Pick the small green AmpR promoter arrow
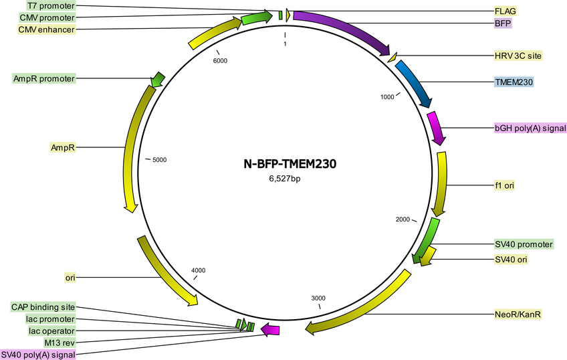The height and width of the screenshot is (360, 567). point(157,79)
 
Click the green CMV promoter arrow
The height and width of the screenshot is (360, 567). point(257,17)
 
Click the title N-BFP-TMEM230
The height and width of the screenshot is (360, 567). point(290,164)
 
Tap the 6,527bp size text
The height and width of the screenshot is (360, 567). point(285,179)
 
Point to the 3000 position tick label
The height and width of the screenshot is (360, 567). point(318,298)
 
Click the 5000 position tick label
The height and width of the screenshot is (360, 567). point(159,160)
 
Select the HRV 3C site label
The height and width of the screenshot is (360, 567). point(518,56)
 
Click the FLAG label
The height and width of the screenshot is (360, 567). point(505,11)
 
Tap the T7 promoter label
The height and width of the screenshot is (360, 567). point(51,6)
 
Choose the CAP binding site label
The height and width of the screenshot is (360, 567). point(43,307)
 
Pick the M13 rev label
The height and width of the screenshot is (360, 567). point(60,343)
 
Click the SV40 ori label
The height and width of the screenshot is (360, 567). point(511,260)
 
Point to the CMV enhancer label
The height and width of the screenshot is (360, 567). point(47,29)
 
